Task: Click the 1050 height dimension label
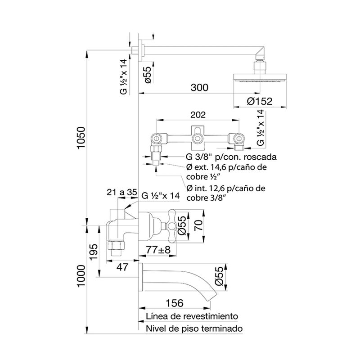(x=81, y=138)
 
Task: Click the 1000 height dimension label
(x=81, y=276)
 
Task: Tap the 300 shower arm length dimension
(x=199, y=87)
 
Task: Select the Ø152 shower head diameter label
(x=260, y=101)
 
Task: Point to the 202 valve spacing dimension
(x=198, y=115)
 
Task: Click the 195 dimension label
(x=94, y=252)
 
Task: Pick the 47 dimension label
(x=122, y=267)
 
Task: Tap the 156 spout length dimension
(x=175, y=303)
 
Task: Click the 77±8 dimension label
(x=158, y=250)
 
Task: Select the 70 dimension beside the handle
(x=199, y=225)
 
